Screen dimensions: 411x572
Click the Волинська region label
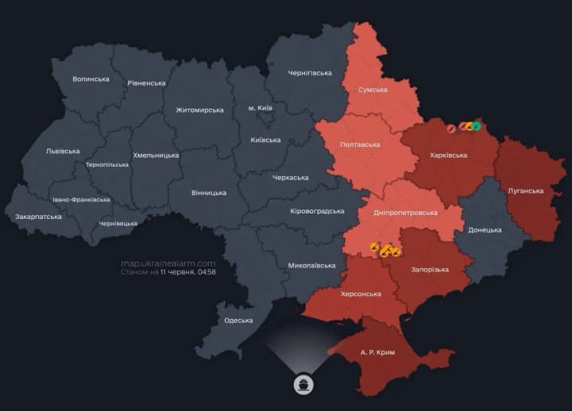tap(91, 79)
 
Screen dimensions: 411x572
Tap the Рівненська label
tap(146, 83)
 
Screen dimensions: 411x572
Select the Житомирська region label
tap(199, 109)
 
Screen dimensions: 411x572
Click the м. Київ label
tap(261, 107)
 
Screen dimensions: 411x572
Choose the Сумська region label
tap(373, 90)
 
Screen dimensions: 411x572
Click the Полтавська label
tap(360, 144)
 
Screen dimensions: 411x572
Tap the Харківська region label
tap(448, 156)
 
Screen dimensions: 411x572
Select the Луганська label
tap(525, 190)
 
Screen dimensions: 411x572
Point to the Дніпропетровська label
tap(405, 213)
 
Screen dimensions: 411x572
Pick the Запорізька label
tap(430, 270)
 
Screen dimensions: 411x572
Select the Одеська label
tap(238, 321)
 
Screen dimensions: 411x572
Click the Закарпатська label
tap(38, 217)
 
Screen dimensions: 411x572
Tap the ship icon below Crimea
tap(303, 384)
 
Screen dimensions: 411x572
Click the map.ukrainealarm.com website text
tap(168, 263)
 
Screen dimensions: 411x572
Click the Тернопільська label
tap(107, 165)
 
